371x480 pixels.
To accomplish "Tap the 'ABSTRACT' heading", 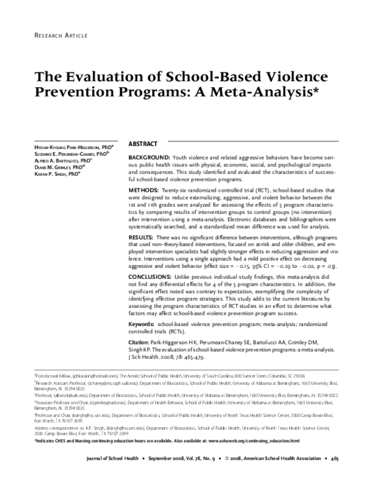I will click(143, 144).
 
